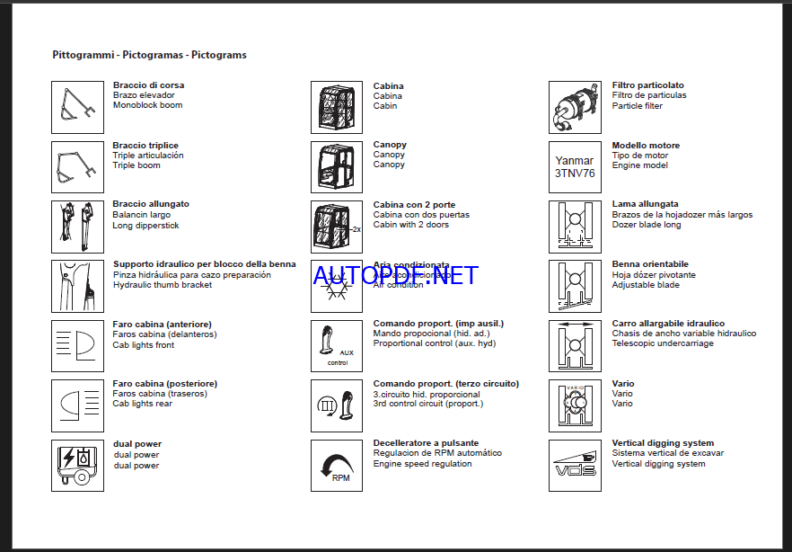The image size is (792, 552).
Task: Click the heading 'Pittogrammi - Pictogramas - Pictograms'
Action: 149,55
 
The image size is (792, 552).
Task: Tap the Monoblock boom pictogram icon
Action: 78,107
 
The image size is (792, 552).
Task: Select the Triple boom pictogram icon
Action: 78,166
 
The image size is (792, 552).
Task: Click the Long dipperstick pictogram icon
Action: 78,226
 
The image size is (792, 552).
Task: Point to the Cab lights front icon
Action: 78,345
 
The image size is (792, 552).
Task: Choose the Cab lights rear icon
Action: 78,405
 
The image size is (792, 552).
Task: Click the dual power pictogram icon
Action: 78,465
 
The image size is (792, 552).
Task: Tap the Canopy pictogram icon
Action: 337,166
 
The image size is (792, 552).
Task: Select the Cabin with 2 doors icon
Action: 337,226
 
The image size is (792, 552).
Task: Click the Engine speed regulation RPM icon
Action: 337,465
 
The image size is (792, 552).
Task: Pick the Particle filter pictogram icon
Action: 575,107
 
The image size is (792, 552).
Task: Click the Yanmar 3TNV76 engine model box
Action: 575,166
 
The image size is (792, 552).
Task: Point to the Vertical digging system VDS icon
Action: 575,465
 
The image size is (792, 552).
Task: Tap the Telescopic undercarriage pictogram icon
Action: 575,345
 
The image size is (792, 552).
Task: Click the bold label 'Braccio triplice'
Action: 145,146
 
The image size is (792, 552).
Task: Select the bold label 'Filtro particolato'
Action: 647,85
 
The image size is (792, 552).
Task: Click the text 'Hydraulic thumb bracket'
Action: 163,285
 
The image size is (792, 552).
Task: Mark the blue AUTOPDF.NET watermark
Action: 396,275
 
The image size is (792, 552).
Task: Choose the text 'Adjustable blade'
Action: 646,285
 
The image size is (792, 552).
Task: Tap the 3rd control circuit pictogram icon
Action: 337,405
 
